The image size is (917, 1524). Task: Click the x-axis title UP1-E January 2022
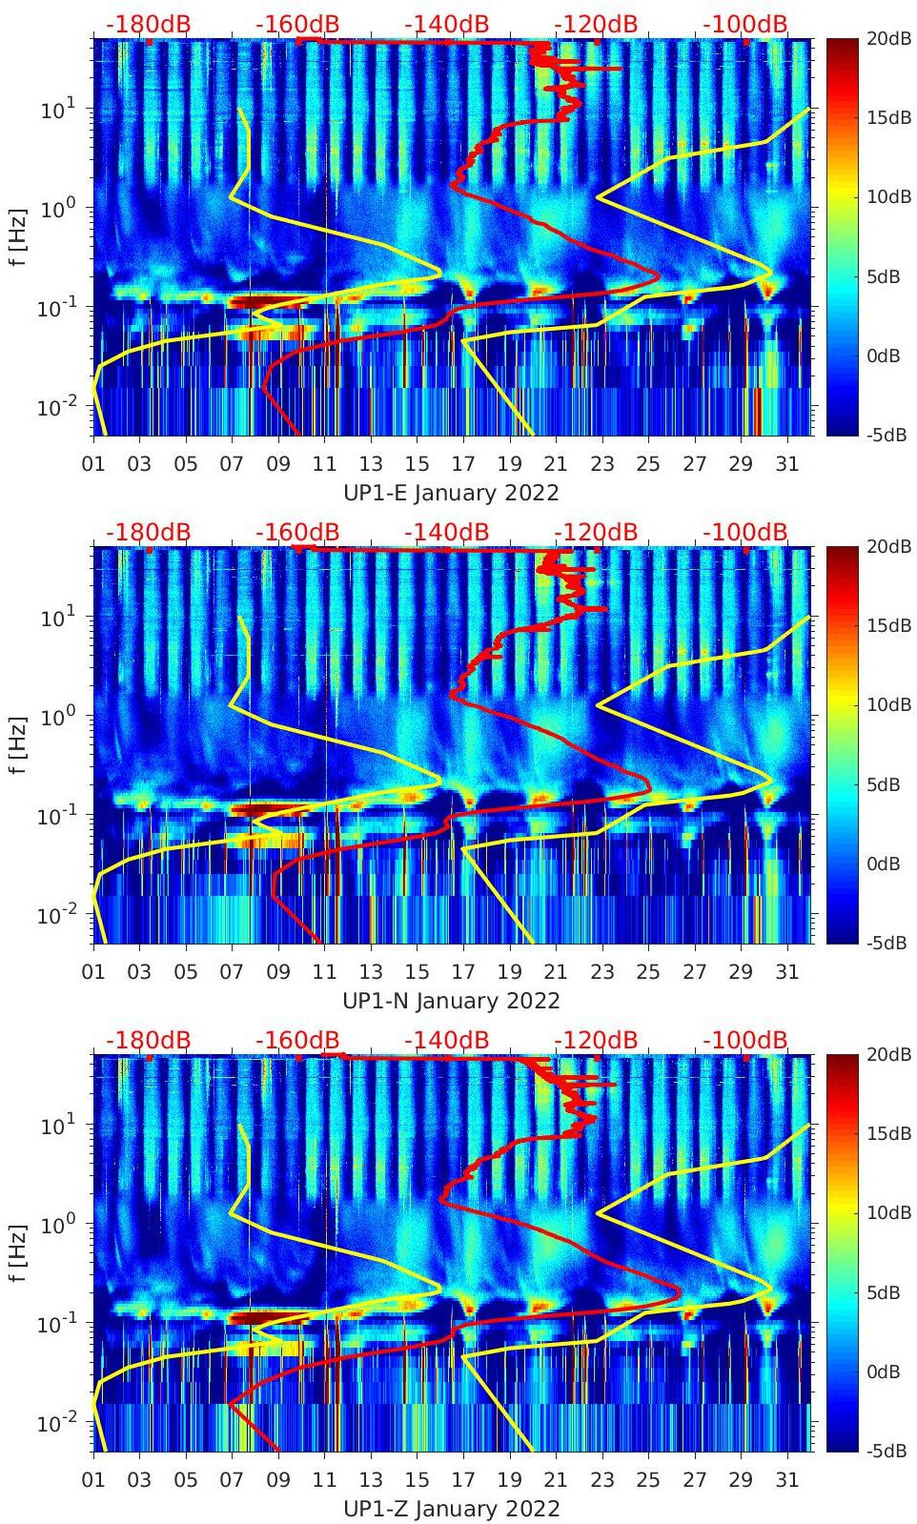(x=451, y=493)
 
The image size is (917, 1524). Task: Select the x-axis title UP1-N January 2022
(x=451, y=1001)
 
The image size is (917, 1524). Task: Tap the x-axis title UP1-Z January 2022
(x=451, y=1509)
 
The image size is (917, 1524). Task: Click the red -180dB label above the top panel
(x=148, y=24)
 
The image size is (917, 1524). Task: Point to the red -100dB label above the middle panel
(x=745, y=532)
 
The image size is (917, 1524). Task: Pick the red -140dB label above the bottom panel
(x=446, y=1040)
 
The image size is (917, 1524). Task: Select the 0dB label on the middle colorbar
(x=884, y=864)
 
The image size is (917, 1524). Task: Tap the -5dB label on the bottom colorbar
(x=886, y=1451)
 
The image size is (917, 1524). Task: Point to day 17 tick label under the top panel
(x=462, y=464)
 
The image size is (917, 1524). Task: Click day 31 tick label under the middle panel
(x=786, y=972)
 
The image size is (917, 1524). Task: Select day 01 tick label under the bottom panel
(x=93, y=1480)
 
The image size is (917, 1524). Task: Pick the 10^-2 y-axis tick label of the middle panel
(x=55, y=916)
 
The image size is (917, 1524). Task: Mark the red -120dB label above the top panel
(x=596, y=24)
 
